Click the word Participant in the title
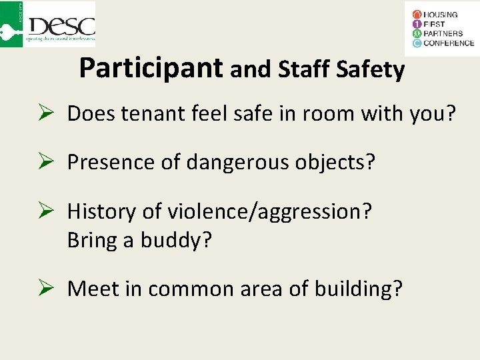point(151,67)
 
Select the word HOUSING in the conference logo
point(441,14)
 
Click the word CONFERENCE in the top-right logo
point(449,43)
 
